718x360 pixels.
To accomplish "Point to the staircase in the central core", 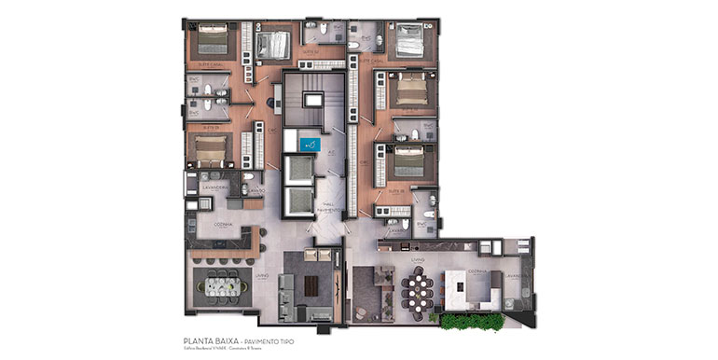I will tap(308, 103).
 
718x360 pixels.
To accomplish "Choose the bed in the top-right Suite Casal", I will tap(407, 42).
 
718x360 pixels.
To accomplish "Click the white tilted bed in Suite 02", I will tap(274, 41).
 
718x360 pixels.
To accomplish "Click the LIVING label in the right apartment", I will tap(419, 258).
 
